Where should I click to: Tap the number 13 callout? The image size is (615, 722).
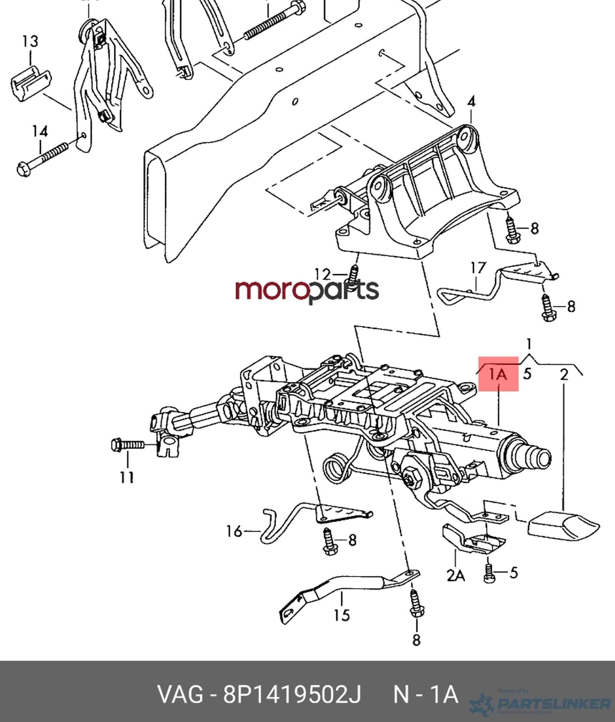(x=30, y=42)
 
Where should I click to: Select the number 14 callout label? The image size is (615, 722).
(x=40, y=132)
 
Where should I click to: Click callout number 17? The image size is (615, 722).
(x=478, y=268)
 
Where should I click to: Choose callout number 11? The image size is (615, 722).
(x=127, y=477)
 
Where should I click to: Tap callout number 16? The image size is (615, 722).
(x=234, y=531)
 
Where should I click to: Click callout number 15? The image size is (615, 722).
(x=341, y=615)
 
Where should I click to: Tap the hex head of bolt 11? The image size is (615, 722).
(x=116, y=445)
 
